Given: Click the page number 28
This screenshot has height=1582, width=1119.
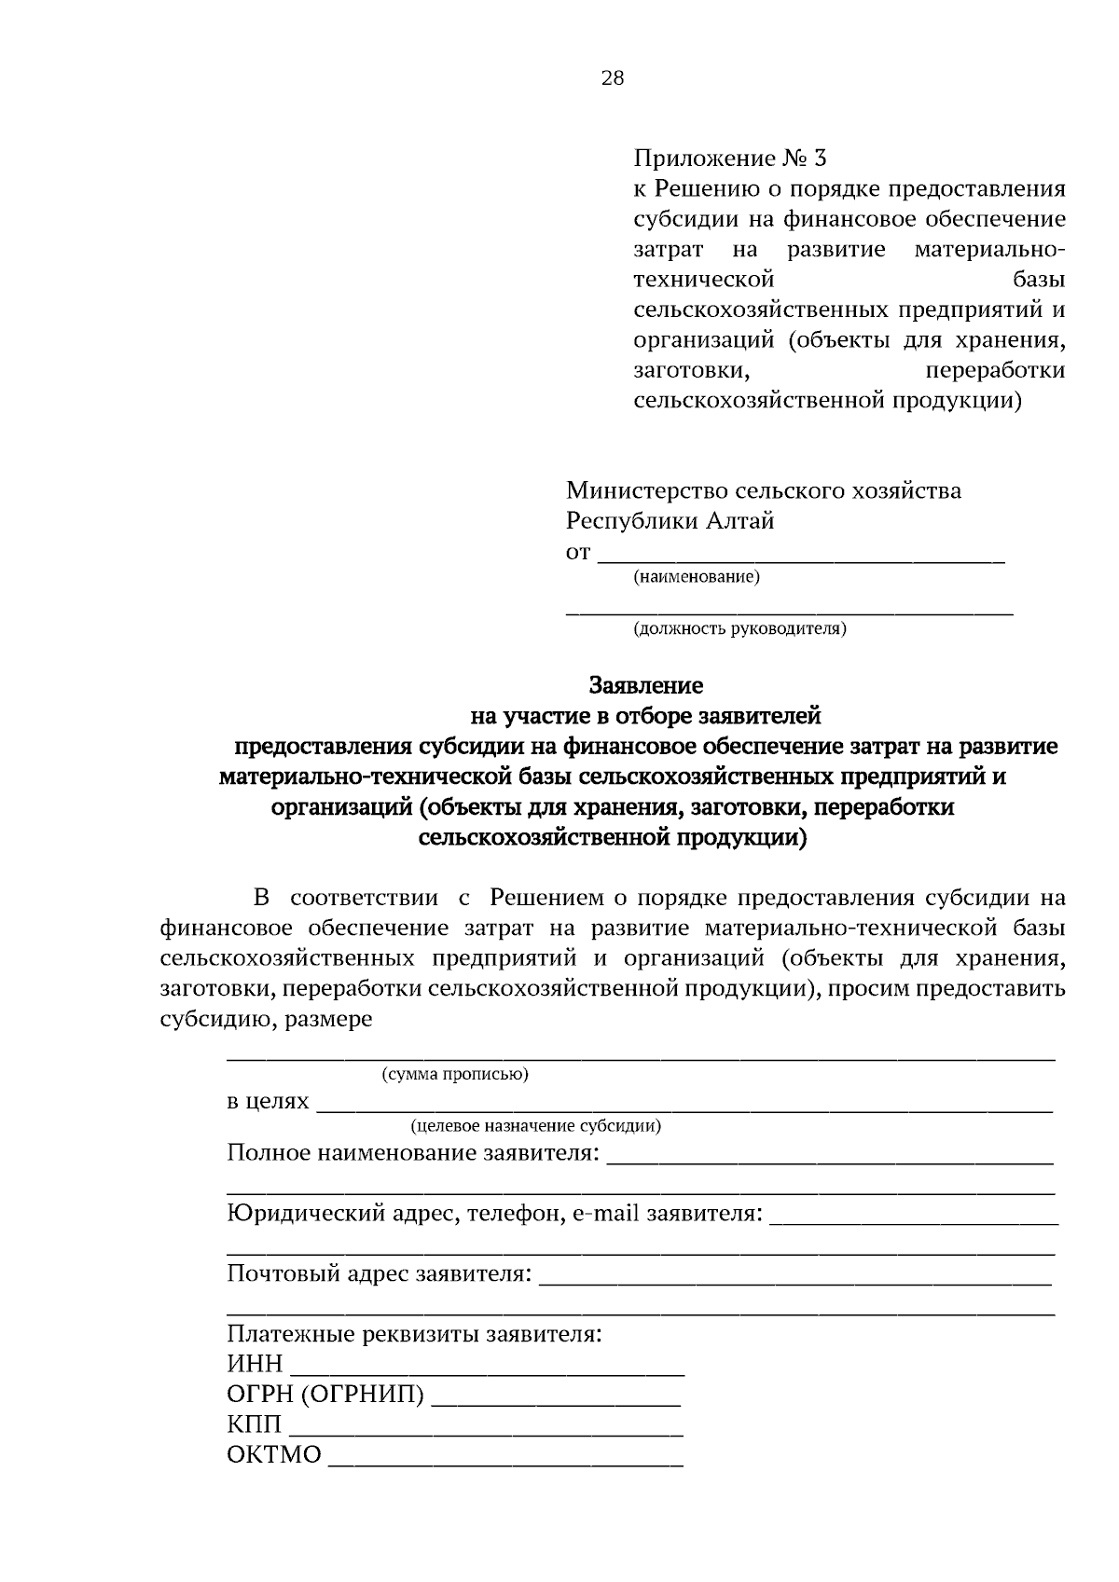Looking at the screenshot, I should (612, 78).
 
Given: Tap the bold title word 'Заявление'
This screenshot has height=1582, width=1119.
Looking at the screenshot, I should (645, 686).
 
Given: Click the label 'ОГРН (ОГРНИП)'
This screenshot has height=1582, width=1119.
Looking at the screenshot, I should (325, 1395).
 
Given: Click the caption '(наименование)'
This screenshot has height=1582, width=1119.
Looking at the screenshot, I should (697, 578).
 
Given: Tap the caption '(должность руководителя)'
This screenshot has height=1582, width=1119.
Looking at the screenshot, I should (739, 629).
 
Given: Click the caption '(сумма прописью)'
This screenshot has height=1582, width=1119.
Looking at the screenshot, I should (455, 1074).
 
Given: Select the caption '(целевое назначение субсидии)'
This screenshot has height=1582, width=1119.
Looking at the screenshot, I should (536, 1126).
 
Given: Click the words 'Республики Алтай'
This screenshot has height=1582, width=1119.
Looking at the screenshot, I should (670, 521).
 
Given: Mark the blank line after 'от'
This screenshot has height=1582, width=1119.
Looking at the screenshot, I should (800, 557).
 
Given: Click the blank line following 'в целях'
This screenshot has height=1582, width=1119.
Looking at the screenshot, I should (684, 1106).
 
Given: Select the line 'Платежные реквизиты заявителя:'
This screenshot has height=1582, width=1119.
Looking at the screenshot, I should (415, 1334).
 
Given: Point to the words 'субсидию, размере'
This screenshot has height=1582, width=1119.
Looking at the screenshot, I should (266, 1019).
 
